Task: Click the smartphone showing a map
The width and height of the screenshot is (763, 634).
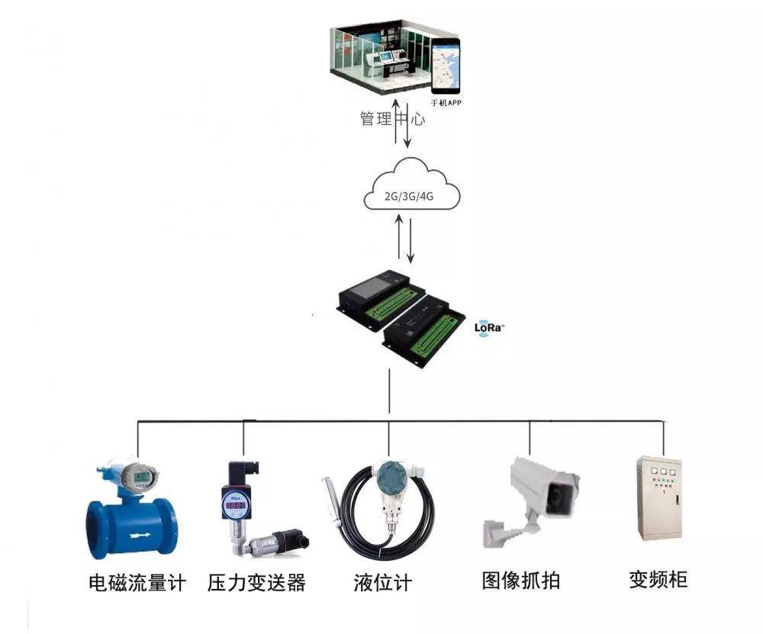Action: tap(446, 66)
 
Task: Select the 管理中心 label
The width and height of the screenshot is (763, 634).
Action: tap(392, 119)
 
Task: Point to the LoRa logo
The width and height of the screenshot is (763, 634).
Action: tap(488, 327)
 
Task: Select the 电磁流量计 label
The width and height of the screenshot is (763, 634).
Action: tap(137, 584)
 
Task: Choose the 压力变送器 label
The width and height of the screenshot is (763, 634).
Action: tap(256, 584)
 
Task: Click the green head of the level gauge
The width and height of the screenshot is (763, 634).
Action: tap(390, 477)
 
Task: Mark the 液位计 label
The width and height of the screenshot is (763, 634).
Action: tap(383, 584)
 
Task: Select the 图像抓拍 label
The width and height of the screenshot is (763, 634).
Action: tap(521, 581)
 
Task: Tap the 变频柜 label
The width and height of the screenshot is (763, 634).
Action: tap(658, 580)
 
